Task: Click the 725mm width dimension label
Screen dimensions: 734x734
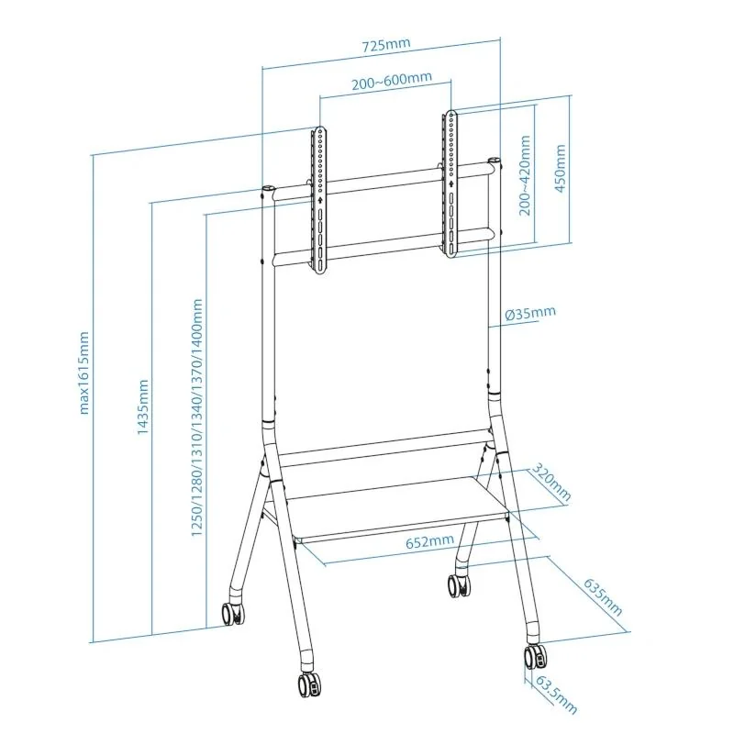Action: tap(383, 43)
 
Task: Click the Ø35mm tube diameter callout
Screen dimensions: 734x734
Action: tap(529, 313)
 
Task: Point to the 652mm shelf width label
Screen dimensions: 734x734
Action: tap(430, 541)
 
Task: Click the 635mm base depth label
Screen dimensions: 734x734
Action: tap(602, 596)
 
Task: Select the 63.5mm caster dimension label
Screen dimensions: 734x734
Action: tap(556, 695)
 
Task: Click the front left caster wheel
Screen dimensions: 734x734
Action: tap(307, 684)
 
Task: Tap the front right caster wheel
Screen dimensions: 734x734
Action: tap(535, 657)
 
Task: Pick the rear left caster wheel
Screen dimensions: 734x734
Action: tap(233, 612)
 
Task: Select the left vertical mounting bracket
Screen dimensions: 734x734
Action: tap(319, 200)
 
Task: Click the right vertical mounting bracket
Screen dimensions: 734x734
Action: tap(450, 183)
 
